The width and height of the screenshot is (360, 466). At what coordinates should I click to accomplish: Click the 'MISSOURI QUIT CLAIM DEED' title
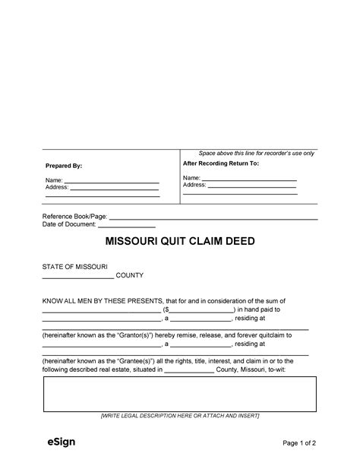click(179, 243)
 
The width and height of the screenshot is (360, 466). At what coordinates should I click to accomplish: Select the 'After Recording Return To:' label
click(221, 163)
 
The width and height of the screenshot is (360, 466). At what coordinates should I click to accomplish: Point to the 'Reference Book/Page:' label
click(74, 217)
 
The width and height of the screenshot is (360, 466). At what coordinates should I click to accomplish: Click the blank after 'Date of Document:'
click(127, 225)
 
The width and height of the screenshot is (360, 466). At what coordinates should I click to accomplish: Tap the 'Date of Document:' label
click(69, 225)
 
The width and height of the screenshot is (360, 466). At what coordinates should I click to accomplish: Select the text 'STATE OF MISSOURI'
click(74, 267)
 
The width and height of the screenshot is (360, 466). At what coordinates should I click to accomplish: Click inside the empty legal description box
click(179, 395)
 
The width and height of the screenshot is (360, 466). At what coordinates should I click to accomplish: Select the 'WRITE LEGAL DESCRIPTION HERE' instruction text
click(179, 417)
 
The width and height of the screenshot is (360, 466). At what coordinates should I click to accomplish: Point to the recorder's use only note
click(256, 154)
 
